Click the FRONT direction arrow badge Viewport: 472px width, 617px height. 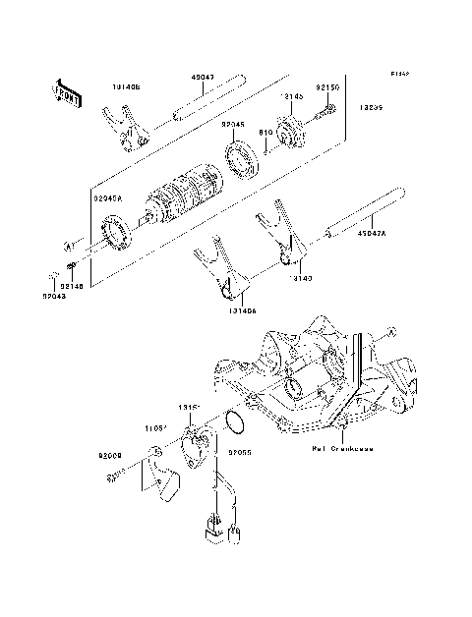[x=68, y=93]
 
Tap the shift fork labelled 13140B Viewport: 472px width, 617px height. [x=126, y=133]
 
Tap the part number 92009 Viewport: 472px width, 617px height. [x=108, y=455]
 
